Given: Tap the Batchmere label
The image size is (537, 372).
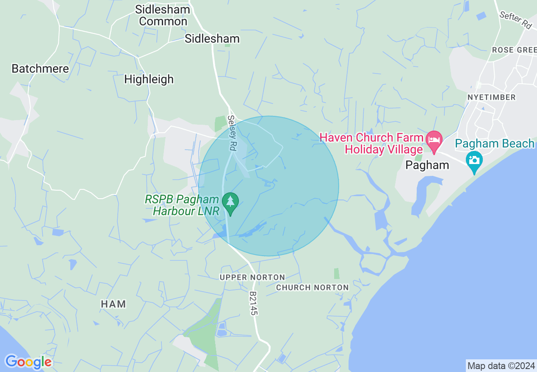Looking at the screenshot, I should [x=40, y=68].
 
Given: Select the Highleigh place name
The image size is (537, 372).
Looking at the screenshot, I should [x=149, y=79].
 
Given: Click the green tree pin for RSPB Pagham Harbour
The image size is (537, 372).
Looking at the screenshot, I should [x=230, y=203].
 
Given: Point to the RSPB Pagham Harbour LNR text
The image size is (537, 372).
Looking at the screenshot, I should [x=182, y=205].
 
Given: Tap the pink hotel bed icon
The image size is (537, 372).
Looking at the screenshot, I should [x=434, y=139].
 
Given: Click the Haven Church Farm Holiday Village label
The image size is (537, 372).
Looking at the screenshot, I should [x=371, y=143].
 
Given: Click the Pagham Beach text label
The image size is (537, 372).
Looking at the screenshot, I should [x=495, y=144].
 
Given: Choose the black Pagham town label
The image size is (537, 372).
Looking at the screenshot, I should [x=427, y=165].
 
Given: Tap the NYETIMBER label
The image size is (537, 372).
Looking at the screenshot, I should [x=492, y=97].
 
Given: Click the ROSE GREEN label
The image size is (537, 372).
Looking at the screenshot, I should [x=514, y=50].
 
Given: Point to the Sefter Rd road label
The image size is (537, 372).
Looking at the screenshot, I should [x=515, y=20].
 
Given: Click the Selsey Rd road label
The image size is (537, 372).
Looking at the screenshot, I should [x=232, y=133].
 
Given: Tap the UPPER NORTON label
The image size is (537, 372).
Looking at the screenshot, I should [x=252, y=277].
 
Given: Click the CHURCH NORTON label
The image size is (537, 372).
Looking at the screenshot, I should [x=313, y=287].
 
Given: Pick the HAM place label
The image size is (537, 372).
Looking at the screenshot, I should [x=113, y=304].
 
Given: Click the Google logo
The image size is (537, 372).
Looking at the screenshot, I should [x=28, y=362].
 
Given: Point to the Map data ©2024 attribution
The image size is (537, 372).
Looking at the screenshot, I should [x=501, y=365].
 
